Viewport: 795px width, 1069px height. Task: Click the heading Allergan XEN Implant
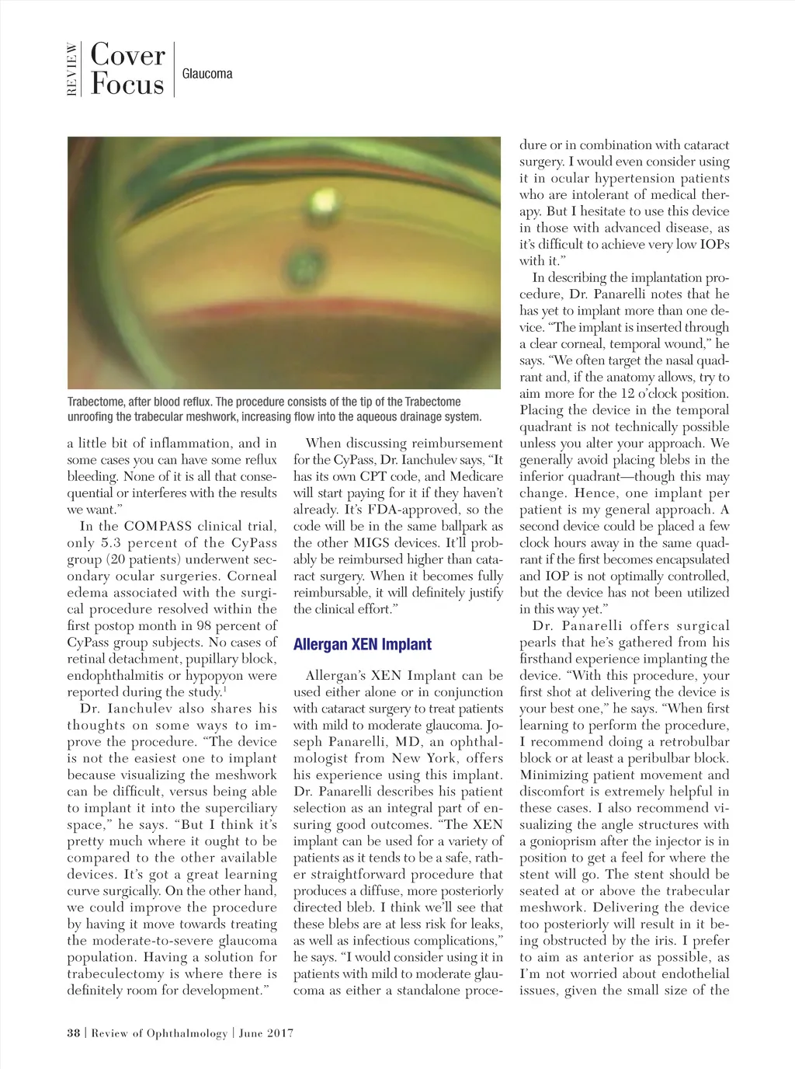click(362, 644)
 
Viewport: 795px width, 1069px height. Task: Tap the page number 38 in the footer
click(74, 1033)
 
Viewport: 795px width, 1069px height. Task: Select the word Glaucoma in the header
click(207, 74)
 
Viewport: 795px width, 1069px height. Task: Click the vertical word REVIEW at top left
click(72, 70)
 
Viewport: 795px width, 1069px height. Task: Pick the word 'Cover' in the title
click(128, 55)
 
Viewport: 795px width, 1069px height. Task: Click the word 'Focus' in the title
click(127, 84)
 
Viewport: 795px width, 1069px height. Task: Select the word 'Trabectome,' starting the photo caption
click(99, 402)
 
